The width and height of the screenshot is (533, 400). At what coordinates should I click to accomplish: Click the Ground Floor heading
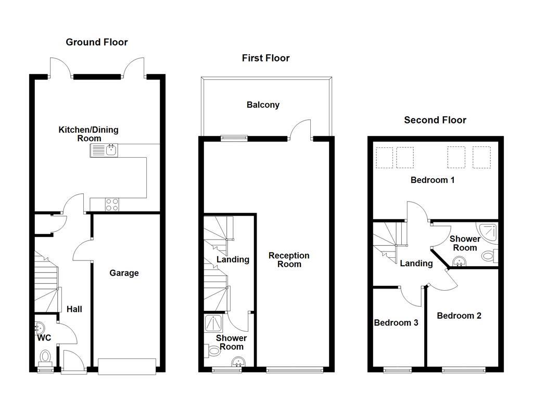[96, 42]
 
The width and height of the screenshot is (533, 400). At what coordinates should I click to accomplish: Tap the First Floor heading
[265, 58]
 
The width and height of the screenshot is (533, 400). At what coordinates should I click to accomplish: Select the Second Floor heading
[435, 120]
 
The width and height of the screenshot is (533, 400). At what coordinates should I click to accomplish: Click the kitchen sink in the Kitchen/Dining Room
[105, 151]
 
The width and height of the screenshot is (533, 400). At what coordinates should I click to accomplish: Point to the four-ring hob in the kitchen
[111, 205]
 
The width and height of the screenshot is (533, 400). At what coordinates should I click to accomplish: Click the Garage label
[124, 273]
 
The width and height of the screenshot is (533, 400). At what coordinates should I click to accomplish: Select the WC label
[44, 338]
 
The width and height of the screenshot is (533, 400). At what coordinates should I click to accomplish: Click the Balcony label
[263, 105]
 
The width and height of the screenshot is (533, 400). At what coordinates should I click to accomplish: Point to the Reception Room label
[289, 259]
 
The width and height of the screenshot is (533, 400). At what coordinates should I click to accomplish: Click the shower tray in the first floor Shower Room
[213, 323]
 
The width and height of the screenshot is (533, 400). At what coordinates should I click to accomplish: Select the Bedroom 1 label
[433, 180]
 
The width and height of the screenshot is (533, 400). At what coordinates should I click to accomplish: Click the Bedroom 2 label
[459, 316]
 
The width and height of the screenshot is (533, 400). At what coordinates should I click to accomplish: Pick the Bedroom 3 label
[396, 322]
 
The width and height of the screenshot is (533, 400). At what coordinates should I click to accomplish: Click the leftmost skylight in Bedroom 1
[384, 158]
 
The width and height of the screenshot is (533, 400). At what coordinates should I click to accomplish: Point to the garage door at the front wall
[127, 366]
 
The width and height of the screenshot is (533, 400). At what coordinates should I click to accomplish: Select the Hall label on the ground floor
[74, 309]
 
